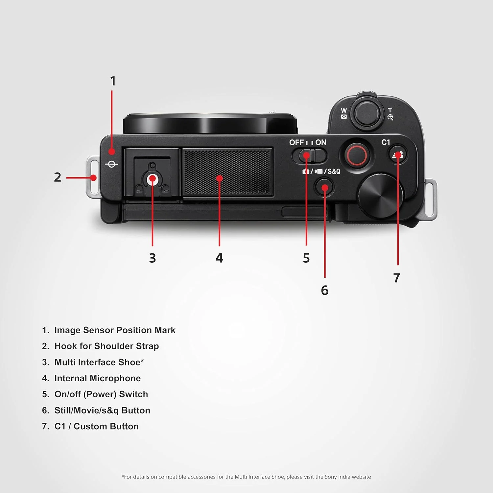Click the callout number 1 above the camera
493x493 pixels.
point(113,81)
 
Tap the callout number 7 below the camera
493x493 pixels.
point(397,278)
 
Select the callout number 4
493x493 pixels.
point(219,258)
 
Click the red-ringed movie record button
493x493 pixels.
point(357,155)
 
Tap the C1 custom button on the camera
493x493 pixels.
point(398,154)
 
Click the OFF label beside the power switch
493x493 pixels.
point(296,142)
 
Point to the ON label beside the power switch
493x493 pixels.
point(321,142)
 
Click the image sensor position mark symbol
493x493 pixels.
point(111,164)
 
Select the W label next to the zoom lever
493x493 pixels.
point(344,110)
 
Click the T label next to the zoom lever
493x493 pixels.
point(390,110)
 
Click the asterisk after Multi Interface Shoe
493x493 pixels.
point(142,361)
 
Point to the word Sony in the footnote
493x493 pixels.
point(331,477)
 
